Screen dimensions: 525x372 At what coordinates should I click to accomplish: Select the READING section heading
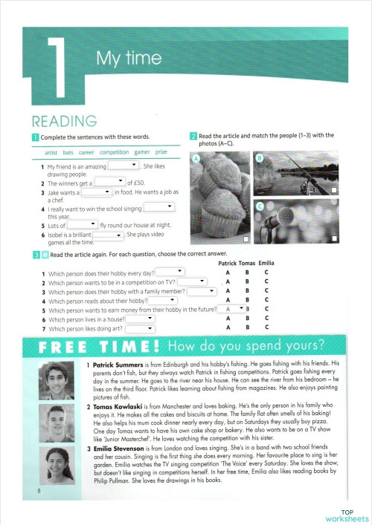(63, 121)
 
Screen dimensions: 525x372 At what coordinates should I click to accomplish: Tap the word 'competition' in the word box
(114, 151)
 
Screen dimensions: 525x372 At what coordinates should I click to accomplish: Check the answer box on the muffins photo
(246, 242)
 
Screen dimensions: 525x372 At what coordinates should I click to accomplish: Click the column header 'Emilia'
(267, 263)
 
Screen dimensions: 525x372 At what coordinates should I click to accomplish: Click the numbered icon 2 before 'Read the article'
(193, 135)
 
